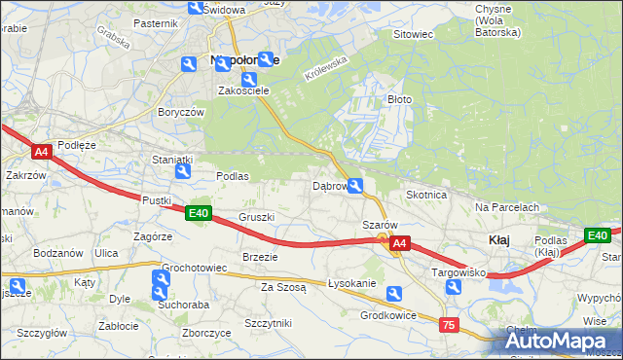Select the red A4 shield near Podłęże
[x=41, y=152]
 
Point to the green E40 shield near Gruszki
[x=199, y=213]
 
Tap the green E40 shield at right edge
[x=597, y=235]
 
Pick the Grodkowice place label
[x=388, y=315]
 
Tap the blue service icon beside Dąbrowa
[x=357, y=186]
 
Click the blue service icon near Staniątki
[x=181, y=172]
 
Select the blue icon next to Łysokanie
[x=394, y=293]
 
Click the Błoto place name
[x=400, y=99]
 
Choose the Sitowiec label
[x=413, y=34]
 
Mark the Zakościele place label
[x=242, y=90]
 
